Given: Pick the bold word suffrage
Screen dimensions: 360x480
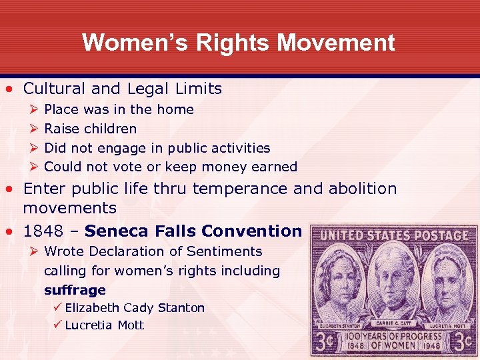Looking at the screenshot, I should coord(75,290).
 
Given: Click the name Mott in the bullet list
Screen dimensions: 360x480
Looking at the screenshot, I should coord(131,325).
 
